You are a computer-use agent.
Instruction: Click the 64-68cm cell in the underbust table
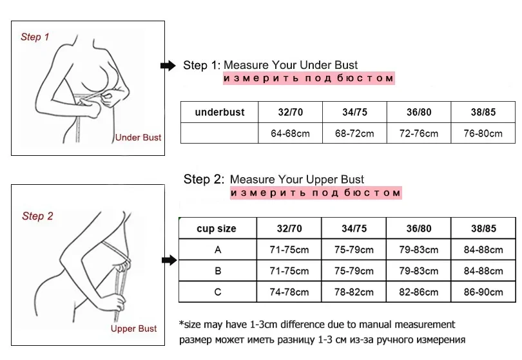tap(290, 133)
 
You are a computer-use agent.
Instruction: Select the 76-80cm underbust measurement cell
tap(483, 133)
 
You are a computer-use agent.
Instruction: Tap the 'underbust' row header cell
tap(219, 112)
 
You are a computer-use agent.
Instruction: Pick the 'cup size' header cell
tap(218, 229)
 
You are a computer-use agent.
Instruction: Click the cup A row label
tap(218, 249)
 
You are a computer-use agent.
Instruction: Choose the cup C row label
tap(218, 292)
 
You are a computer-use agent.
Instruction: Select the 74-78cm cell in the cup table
tap(289, 292)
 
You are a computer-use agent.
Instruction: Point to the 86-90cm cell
tap(483, 292)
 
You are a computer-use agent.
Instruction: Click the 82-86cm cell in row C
tap(419, 292)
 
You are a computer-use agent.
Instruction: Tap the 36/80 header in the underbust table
tap(419, 112)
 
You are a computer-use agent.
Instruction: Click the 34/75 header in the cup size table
tap(354, 229)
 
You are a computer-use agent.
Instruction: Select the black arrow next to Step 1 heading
tap(168, 66)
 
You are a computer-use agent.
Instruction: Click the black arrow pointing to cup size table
tap(169, 260)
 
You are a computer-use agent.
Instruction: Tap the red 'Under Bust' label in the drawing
tap(138, 137)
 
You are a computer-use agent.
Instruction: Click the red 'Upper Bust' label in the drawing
tap(133, 328)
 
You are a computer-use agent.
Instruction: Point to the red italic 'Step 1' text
tap(35, 37)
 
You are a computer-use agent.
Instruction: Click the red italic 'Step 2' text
tap(37, 216)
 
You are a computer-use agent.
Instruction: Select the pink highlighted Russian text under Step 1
tap(309, 78)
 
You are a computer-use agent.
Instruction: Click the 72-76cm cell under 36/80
tap(419, 133)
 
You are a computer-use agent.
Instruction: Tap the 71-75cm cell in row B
tap(289, 271)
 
